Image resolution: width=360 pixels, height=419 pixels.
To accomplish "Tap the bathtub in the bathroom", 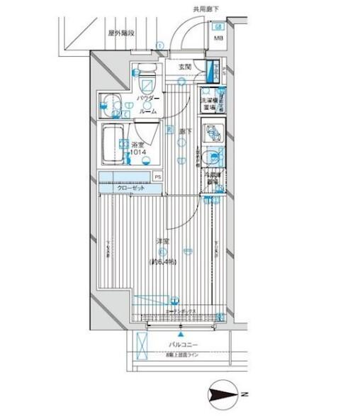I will pyautogui.click(x=111, y=143).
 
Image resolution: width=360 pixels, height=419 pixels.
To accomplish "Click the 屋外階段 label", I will pyautogui.click(x=121, y=33).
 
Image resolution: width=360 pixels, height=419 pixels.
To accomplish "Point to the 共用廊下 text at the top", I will pyautogui.click(x=205, y=9).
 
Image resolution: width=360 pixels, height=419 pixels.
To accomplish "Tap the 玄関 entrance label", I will pyautogui.click(x=185, y=67).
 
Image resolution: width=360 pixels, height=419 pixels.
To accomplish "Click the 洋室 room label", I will pyautogui.click(x=162, y=242).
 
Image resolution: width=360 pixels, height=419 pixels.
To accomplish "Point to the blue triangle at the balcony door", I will pyautogui.click(x=180, y=335).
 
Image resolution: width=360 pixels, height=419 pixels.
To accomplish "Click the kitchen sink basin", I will pyautogui.click(x=211, y=157).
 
